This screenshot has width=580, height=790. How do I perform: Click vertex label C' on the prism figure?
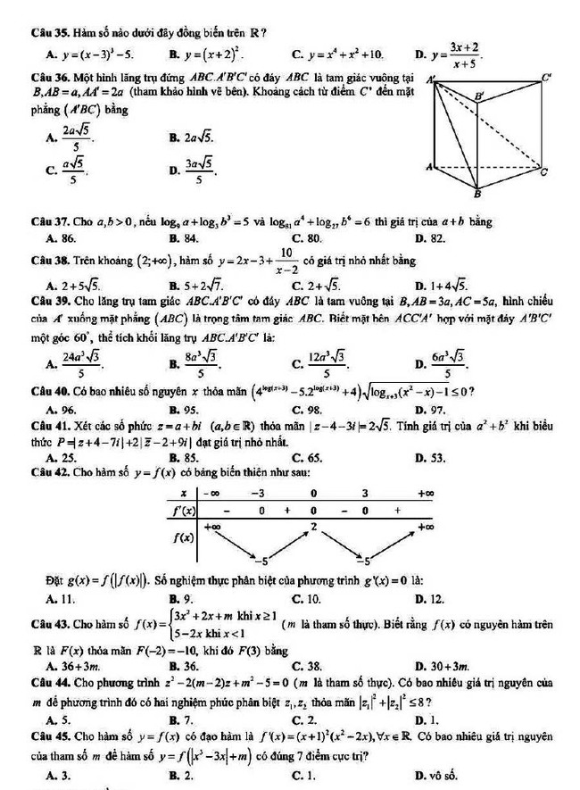click(547, 78)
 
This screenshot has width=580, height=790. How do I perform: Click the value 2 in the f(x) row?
click(313, 528)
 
